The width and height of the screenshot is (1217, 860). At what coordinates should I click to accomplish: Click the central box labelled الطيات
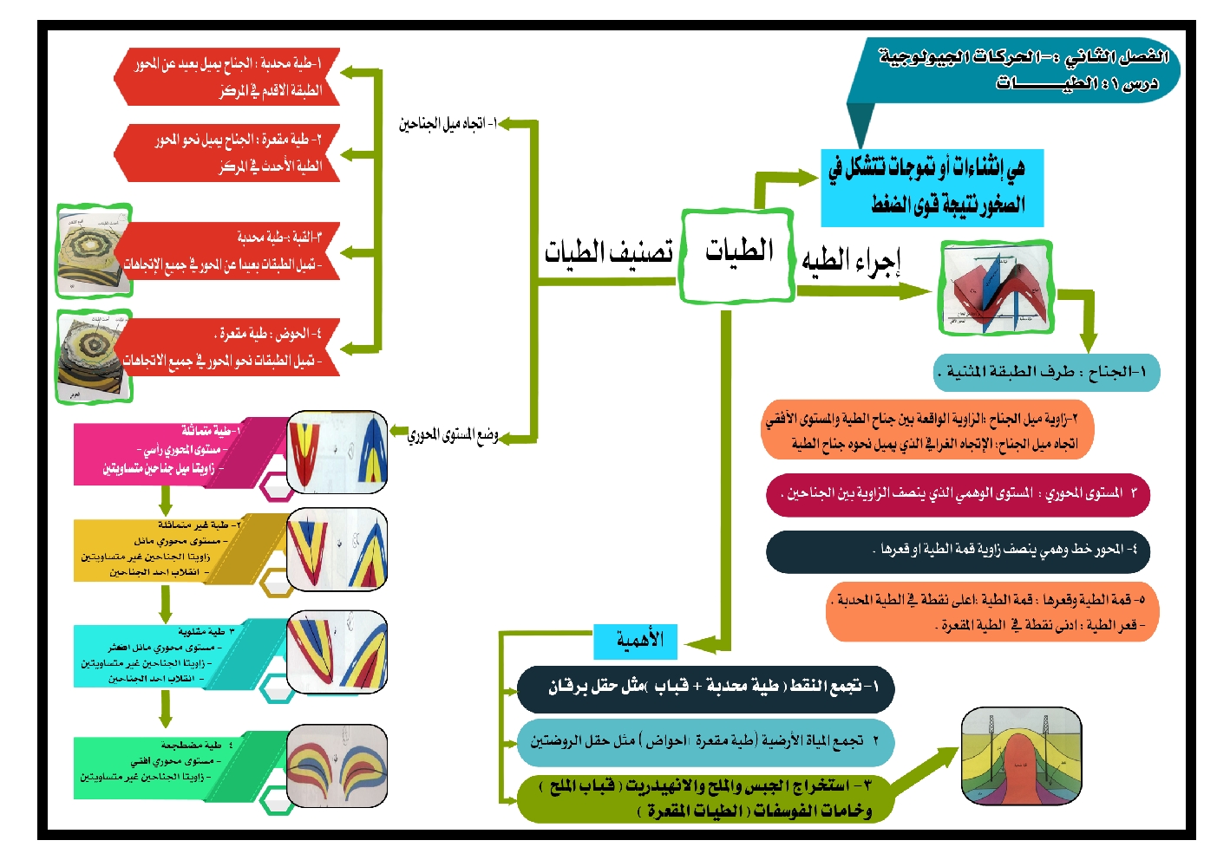(738, 255)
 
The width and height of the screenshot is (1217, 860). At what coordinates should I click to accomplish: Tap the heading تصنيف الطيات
(608, 253)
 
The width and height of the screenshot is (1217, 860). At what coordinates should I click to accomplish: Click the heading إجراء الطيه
(851, 260)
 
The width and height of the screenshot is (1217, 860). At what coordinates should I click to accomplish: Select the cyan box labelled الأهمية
(635, 642)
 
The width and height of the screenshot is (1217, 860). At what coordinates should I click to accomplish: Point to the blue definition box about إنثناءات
(932, 188)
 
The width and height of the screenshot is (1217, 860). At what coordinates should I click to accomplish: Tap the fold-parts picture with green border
(996, 289)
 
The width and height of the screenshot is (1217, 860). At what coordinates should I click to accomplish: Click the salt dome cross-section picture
(1021, 755)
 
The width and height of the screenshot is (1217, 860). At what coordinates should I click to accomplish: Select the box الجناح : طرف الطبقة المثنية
(1046, 373)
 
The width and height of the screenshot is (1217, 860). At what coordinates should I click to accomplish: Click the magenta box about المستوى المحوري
(958, 494)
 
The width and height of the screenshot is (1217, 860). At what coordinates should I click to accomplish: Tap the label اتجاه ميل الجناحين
(448, 125)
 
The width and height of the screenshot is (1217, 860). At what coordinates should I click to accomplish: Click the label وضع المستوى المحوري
(453, 433)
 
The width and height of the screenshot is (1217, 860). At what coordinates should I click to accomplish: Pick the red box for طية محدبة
(227, 77)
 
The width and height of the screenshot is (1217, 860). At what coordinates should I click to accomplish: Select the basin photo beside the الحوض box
(93, 356)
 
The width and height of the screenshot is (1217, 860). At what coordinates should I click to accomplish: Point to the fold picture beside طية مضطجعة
(337, 765)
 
